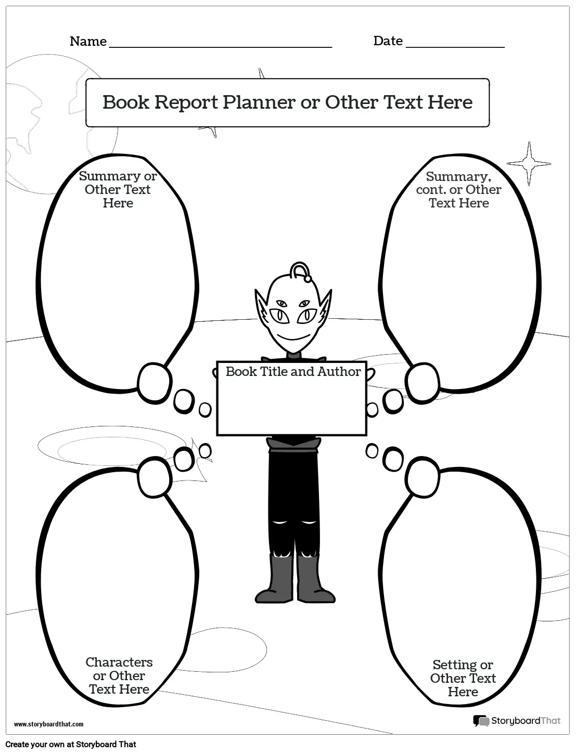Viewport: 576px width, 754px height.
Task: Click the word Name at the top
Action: click(x=88, y=41)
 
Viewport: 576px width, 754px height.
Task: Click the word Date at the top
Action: click(x=388, y=41)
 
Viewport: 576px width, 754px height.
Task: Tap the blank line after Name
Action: click(x=220, y=47)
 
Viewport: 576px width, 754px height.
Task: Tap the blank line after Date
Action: click(x=455, y=47)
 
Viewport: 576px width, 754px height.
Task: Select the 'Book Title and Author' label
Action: click(x=293, y=371)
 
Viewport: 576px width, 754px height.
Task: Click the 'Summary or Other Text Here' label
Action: click(x=118, y=189)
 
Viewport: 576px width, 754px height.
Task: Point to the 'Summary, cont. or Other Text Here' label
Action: click(x=459, y=190)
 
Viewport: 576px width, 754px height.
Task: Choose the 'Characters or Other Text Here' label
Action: click(x=119, y=675)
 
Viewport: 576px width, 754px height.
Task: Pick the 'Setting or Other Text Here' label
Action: click(x=463, y=678)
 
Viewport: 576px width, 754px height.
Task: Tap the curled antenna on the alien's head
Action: click(x=301, y=272)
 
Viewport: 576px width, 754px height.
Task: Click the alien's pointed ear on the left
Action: click(x=262, y=306)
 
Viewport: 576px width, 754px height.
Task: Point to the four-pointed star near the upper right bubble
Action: click(x=529, y=163)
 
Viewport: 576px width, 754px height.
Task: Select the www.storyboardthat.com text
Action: click(x=49, y=724)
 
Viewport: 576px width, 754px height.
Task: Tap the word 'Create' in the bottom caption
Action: click(x=17, y=744)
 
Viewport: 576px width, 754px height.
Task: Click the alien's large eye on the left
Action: click(x=279, y=316)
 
